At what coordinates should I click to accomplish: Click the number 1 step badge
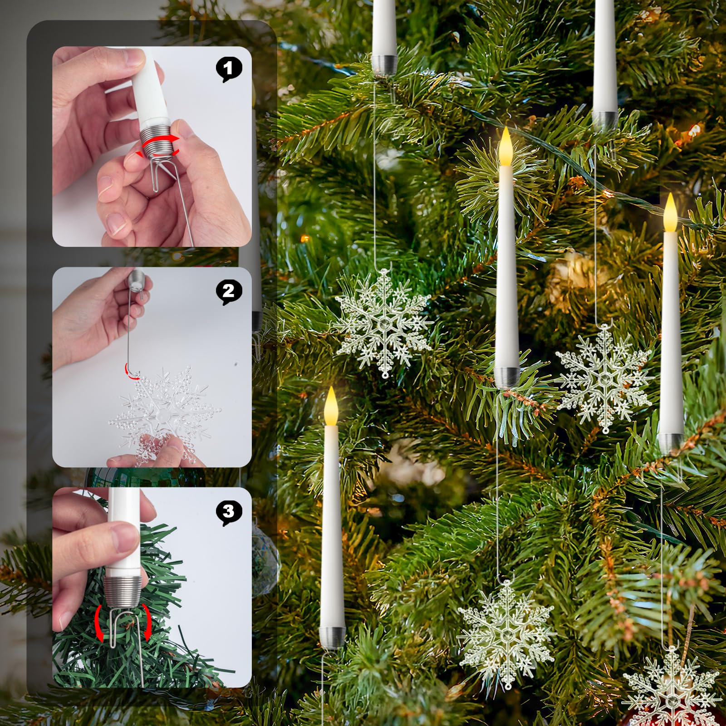229,69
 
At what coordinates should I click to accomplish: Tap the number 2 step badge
229,291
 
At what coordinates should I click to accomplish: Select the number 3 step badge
229,512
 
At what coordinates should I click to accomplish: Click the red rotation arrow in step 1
159,145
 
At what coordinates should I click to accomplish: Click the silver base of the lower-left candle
333,636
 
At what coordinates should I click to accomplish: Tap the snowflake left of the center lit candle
383,324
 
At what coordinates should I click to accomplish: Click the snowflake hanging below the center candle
507,633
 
